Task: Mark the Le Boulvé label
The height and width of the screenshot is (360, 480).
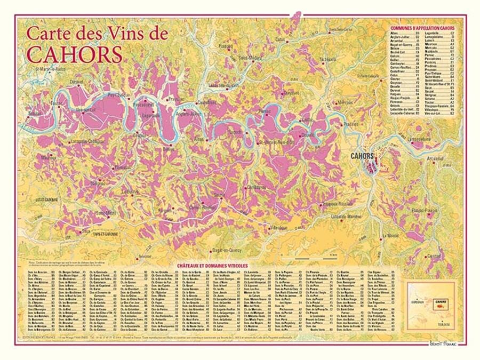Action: pos(131,192)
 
